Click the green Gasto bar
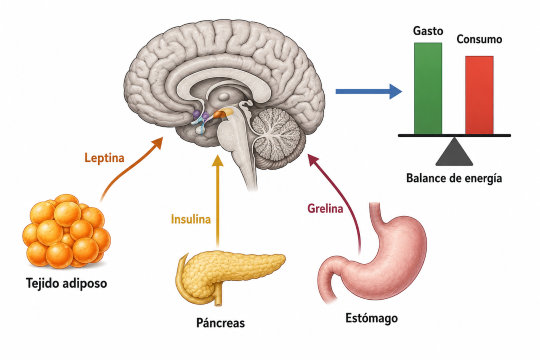click(428, 89)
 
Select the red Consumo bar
click(479, 95)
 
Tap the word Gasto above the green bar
click(428, 31)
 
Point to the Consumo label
click(479, 39)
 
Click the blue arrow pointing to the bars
click(368, 91)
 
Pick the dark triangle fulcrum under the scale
click(454, 152)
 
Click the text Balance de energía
click(454, 178)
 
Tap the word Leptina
click(104, 158)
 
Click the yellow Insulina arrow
click(217, 202)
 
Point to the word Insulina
click(191, 219)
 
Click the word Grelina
click(325, 209)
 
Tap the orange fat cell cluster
click(66, 232)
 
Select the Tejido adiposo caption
click(66, 284)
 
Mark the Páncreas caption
click(220, 323)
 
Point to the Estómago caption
click(371, 318)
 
